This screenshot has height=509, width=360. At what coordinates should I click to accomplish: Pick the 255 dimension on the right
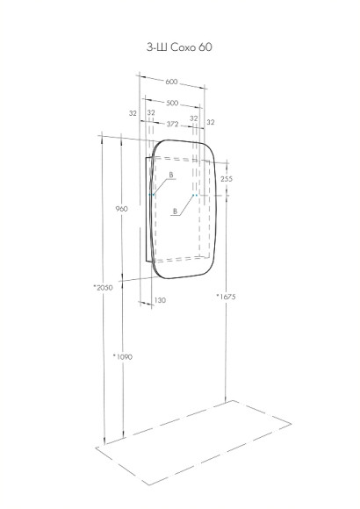coord(227,178)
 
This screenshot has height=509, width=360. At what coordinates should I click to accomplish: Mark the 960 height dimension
coord(122,209)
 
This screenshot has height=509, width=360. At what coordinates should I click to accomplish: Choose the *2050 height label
coord(104,287)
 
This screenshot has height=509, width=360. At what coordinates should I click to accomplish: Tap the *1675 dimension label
coord(227,298)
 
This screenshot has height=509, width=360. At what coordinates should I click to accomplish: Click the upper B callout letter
coord(171,176)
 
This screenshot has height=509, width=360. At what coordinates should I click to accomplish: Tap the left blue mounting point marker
coord(154,195)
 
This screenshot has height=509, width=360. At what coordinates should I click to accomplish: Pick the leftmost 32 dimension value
coord(132,113)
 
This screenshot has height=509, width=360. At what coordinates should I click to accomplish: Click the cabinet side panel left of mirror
coord(147,211)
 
